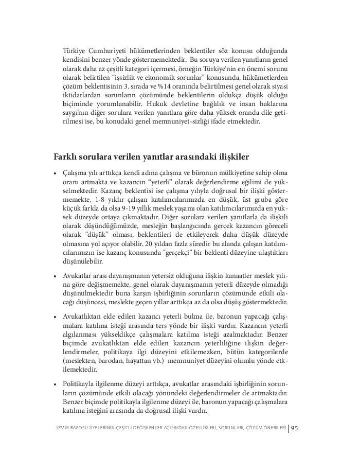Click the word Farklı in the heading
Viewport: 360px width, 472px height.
pos(67,155)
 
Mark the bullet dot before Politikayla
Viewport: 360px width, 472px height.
pos(55,384)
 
